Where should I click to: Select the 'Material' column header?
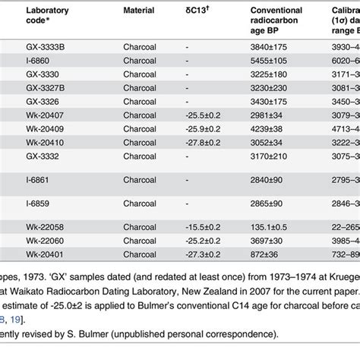(141, 11)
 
